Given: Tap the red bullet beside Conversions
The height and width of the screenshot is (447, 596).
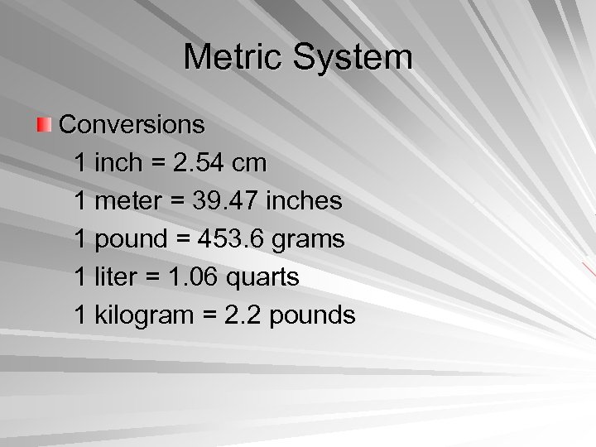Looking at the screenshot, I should click(43, 126).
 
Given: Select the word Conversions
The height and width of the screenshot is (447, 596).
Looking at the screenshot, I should click(132, 125).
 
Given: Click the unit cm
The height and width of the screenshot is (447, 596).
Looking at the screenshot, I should click(249, 163).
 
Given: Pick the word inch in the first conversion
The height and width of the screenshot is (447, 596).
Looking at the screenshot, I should click(119, 163).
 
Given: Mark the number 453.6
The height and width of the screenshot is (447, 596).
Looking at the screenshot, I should click(224, 239).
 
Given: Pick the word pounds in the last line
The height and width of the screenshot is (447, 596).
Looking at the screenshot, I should click(313, 315).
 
